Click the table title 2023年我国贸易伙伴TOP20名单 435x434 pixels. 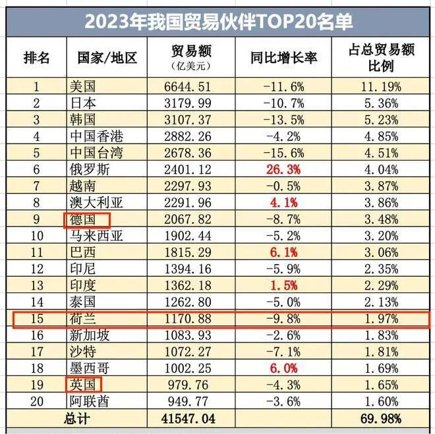click(218, 22)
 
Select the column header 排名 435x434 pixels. click(37, 57)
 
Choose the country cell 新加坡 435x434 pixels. click(89, 336)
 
